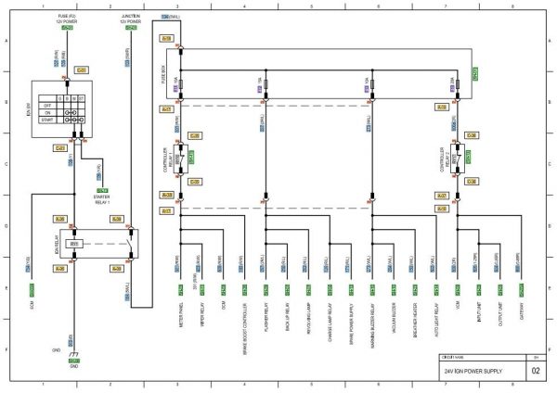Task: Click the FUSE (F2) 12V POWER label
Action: click(67, 19)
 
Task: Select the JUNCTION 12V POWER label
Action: click(131, 19)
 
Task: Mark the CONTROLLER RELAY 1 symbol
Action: click(182, 158)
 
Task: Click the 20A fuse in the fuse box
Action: click(454, 84)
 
